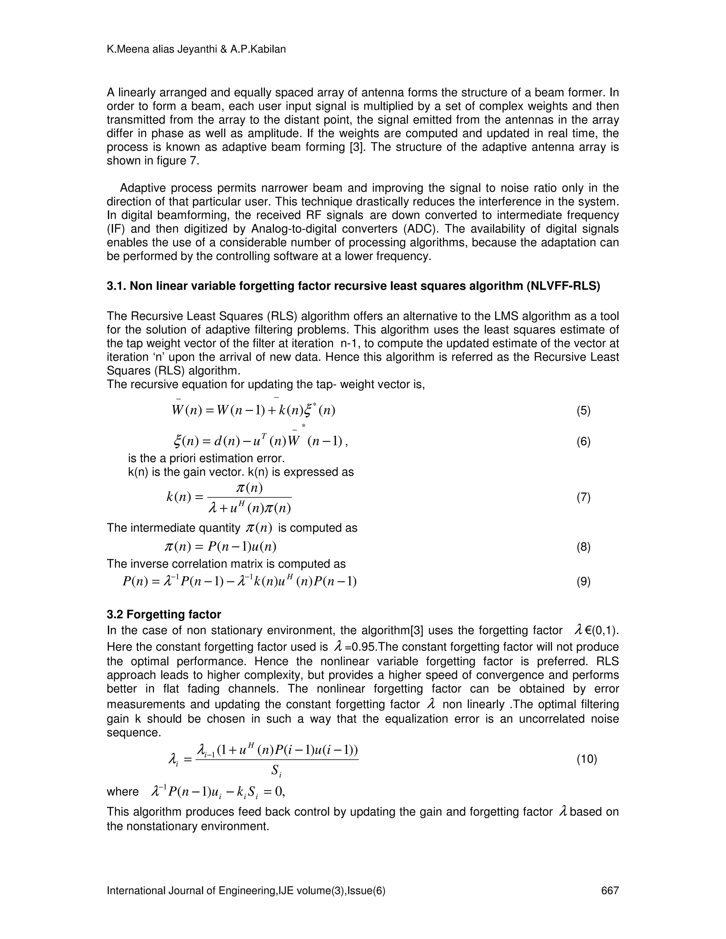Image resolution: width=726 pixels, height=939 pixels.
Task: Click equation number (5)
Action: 583,411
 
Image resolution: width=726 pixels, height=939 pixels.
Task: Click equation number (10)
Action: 587,759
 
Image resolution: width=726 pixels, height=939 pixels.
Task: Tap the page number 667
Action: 609,890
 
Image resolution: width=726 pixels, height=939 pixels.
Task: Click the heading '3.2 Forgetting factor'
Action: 164,614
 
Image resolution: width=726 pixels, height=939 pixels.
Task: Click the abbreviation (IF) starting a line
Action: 115,229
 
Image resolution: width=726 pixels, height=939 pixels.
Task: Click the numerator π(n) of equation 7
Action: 250,488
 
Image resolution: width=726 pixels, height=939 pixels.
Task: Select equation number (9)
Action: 583,582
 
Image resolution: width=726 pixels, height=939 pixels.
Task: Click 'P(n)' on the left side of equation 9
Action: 133,582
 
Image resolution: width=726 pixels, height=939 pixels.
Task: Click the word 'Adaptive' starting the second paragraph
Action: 142,188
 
